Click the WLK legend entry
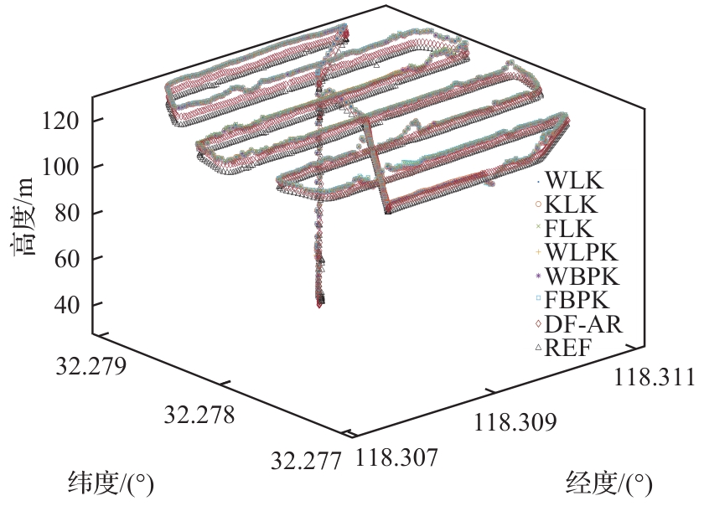coord(575,181)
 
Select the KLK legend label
coord(572,204)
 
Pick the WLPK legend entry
coord(582,252)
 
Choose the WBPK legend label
coord(582,276)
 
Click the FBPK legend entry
coord(577,300)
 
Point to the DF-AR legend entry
coord(583,323)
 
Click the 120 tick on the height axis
coord(60,121)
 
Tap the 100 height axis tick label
coord(60,167)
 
